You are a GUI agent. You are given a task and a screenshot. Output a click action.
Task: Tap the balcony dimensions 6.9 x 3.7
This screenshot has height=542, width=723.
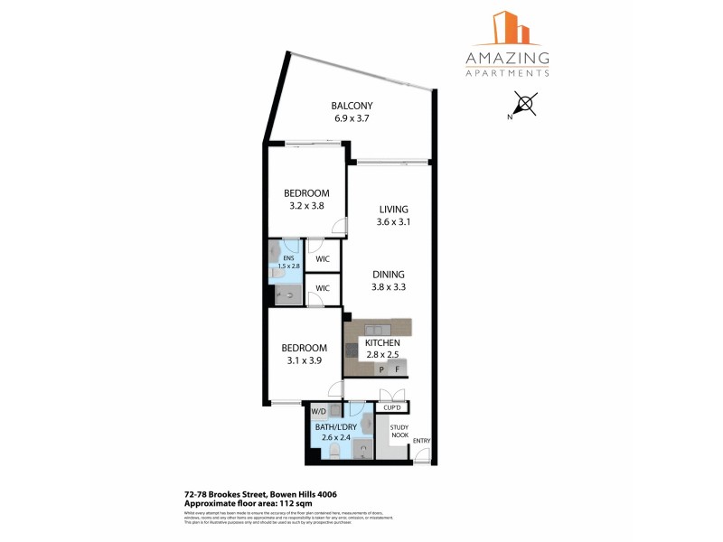tap(352, 118)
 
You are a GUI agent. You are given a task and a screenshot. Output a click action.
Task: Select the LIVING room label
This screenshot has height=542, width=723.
tap(393, 210)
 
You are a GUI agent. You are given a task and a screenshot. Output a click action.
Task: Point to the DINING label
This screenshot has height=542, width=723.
tap(388, 275)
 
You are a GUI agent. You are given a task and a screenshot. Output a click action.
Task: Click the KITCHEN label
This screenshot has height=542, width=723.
tap(382, 343)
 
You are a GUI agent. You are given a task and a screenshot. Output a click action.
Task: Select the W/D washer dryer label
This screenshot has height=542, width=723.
tap(318, 411)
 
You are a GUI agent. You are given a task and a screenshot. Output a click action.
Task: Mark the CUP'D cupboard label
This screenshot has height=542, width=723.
tap(393, 407)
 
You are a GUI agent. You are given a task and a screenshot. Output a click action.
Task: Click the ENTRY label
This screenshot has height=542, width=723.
tap(422, 441)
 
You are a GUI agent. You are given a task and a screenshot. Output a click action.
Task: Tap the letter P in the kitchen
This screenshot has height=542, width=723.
tap(382, 369)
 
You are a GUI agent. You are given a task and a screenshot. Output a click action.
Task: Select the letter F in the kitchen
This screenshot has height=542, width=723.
tap(398, 369)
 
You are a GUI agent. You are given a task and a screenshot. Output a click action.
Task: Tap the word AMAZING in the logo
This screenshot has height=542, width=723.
tap(507, 59)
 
